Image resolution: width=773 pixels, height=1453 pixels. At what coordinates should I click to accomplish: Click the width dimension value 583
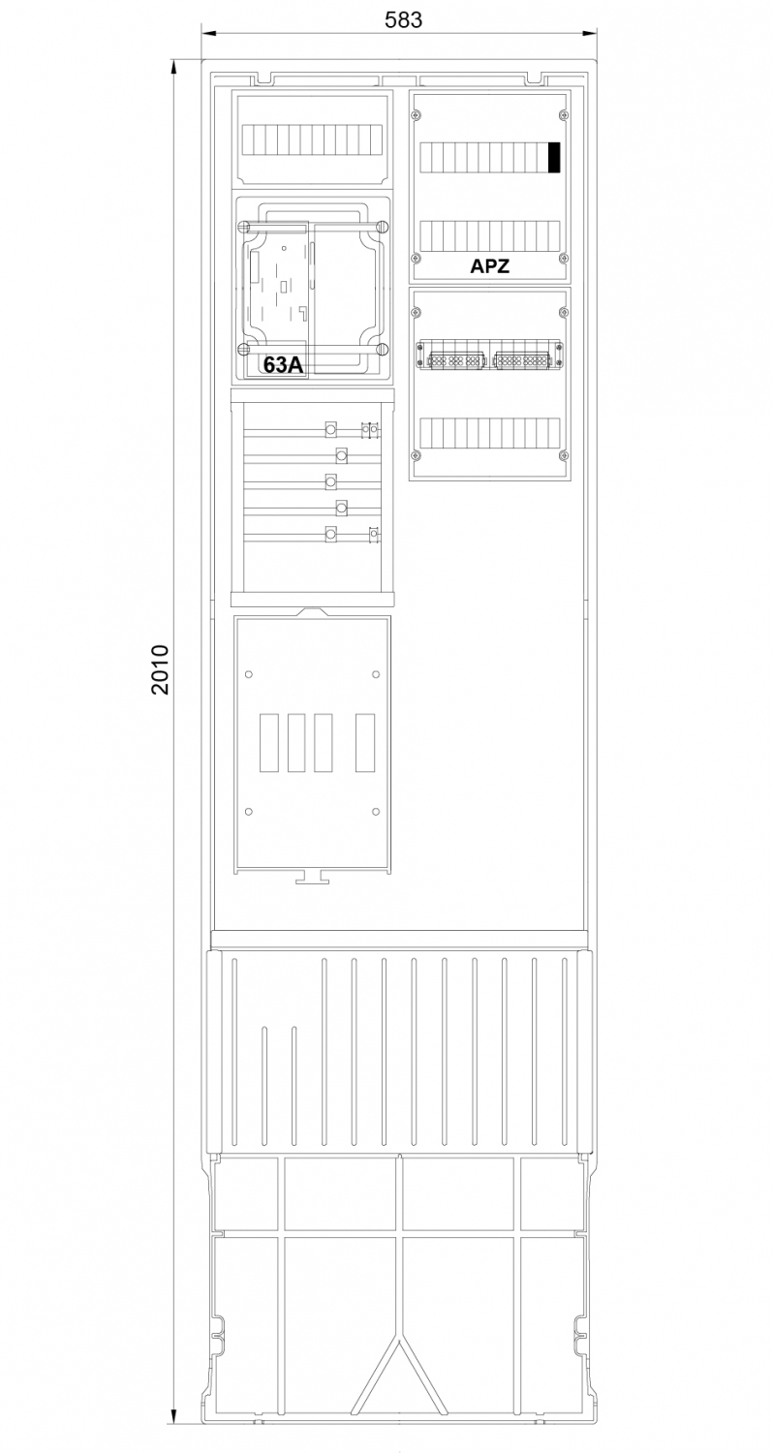click(403, 20)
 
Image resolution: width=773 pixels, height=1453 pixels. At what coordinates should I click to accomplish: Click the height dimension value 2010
click(160, 669)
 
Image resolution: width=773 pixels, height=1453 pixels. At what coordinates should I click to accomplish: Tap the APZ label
click(489, 266)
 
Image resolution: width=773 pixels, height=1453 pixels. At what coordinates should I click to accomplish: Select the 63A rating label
click(283, 365)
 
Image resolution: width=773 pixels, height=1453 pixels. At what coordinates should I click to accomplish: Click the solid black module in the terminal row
click(554, 158)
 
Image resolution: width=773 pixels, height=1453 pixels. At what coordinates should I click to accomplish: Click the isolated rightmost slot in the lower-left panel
click(365, 743)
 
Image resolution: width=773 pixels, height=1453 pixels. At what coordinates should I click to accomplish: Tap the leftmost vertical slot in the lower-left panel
click(269, 743)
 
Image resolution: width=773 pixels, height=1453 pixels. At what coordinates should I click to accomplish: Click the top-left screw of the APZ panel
click(417, 115)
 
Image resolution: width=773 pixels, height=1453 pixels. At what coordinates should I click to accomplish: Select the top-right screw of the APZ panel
click(564, 115)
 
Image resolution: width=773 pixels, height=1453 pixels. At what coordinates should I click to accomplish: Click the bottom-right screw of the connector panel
click(564, 455)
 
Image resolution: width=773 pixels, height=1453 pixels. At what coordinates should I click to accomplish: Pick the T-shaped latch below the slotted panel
click(312, 877)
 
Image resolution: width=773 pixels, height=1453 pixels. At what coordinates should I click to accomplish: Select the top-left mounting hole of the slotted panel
click(249, 674)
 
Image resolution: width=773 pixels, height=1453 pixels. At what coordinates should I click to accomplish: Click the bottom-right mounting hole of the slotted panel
click(376, 812)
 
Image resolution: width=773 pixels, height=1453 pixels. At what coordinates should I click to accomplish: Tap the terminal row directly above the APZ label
click(489, 236)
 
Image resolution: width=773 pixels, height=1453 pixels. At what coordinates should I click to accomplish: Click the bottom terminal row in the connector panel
click(489, 433)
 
